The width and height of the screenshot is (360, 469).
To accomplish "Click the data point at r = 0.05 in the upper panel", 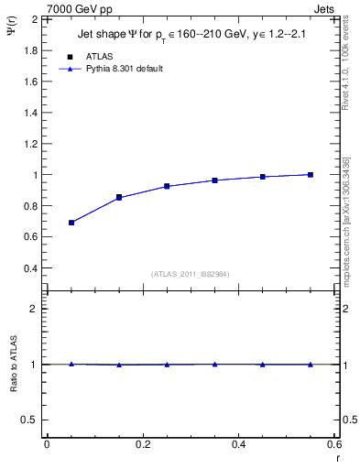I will click(71, 223).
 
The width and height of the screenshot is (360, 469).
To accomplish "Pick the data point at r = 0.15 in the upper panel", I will click(119, 197).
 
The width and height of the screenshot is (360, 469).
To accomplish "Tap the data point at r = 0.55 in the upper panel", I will click(311, 174).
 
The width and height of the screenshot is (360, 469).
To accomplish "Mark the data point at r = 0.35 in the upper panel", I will click(214, 180).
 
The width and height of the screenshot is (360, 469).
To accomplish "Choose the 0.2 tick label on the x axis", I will click(143, 444).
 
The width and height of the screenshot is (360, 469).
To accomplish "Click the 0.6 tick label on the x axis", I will click(334, 444).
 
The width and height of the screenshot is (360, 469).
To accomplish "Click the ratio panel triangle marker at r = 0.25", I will click(167, 365).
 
